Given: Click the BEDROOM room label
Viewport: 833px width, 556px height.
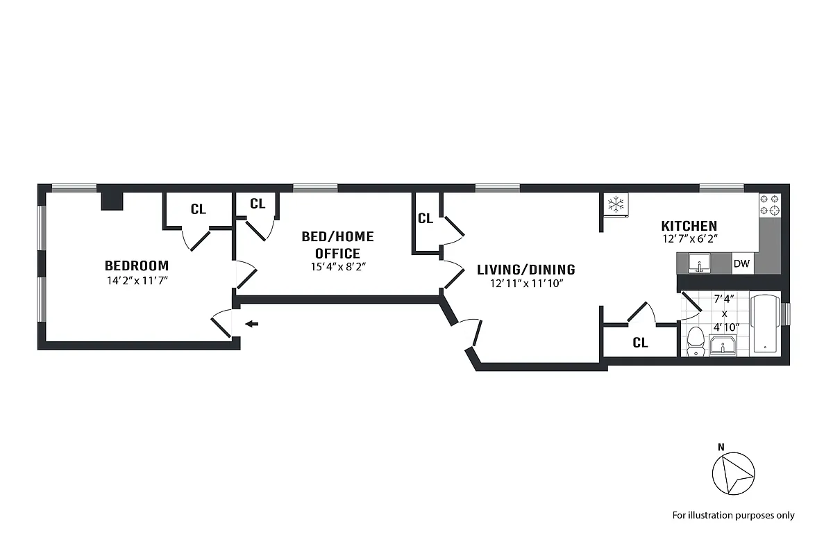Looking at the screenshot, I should (x=137, y=265).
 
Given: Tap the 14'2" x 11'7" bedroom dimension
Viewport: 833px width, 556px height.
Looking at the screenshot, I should (x=137, y=281).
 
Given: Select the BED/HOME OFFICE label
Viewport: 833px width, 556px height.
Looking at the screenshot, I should (x=337, y=245).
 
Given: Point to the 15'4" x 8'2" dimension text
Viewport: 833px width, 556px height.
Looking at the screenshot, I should (x=337, y=266).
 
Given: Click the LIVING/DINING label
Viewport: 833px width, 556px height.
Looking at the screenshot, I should (x=525, y=270).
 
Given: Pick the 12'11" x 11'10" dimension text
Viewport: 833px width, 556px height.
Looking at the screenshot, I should (x=525, y=284).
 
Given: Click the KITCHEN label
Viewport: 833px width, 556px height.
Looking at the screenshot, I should (x=689, y=226).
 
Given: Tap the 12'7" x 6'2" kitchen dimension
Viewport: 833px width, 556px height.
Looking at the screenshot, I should (x=689, y=239).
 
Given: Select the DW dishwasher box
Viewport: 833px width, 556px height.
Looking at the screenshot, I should (x=741, y=263).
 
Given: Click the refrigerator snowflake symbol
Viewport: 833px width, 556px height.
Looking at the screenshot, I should (x=614, y=204).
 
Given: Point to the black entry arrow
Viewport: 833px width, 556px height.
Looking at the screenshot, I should (x=253, y=323).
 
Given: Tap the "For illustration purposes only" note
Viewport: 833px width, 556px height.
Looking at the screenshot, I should (x=733, y=515).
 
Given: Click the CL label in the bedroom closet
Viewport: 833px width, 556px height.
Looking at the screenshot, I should (x=198, y=209).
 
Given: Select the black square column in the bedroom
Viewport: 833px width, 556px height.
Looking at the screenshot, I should (x=112, y=200).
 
